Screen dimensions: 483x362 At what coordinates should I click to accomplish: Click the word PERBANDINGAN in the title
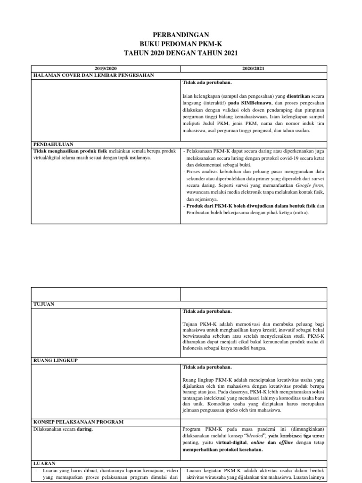tap(181, 34)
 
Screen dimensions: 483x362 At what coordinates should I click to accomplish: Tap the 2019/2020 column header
tap(106, 68)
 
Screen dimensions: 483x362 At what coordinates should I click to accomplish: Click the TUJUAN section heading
tap(44, 304)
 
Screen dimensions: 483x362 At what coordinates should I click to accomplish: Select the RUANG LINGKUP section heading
tap(55, 360)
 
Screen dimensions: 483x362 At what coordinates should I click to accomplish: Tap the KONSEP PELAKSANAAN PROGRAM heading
tap(79, 421)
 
